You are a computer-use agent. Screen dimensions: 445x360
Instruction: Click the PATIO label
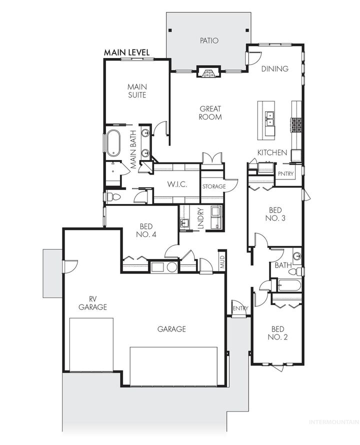click(209, 40)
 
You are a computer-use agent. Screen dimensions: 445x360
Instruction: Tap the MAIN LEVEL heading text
click(126, 52)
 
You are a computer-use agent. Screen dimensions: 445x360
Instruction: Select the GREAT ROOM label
click(210, 112)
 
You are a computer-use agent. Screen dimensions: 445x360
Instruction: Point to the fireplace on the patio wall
click(208, 73)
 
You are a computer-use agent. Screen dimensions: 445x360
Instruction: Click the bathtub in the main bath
click(114, 142)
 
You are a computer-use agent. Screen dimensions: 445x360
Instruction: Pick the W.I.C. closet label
click(176, 185)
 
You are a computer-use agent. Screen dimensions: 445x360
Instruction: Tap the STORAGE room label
click(214, 186)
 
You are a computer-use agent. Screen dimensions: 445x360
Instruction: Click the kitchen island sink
click(270, 118)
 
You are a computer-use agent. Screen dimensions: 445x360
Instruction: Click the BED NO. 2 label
click(277, 333)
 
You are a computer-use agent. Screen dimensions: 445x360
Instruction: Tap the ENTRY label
click(240, 308)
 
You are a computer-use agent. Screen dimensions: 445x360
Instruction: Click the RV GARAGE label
click(92, 303)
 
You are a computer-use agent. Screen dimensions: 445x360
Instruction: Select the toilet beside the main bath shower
click(113, 197)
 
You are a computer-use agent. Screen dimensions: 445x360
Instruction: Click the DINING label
click(275, 68)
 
